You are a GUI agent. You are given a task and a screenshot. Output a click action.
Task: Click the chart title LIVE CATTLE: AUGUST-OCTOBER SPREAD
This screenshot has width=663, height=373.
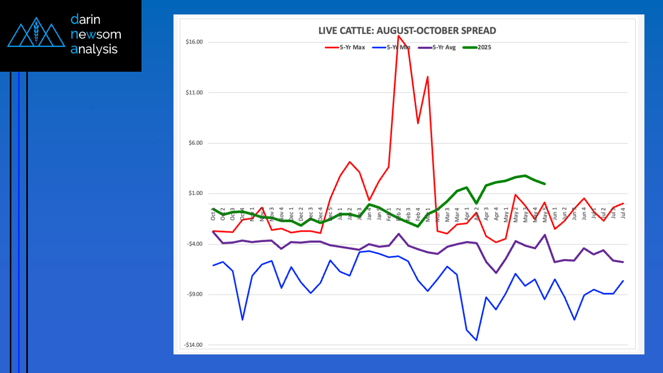[407, 31]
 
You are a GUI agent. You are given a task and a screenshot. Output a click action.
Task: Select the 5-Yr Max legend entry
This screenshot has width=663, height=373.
[345, 47]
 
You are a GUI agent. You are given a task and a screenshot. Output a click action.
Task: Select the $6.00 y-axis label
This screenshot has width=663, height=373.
[195, 143]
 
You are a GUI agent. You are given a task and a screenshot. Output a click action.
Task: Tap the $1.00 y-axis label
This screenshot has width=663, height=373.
[195, 194]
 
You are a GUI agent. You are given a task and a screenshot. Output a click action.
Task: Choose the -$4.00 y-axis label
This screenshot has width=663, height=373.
[194, 245]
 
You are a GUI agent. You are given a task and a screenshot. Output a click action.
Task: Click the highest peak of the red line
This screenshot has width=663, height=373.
[398, 36]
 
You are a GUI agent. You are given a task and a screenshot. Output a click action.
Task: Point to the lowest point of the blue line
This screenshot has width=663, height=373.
[476, 340]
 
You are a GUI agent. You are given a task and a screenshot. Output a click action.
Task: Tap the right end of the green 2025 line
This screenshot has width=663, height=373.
[545, 184]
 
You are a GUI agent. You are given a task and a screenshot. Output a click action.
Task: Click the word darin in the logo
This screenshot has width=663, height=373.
[86, 20]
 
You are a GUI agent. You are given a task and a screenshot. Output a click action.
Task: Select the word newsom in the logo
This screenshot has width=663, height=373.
[96, 35]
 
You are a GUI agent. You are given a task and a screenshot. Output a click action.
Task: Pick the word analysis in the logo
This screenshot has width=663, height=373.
[94, 50]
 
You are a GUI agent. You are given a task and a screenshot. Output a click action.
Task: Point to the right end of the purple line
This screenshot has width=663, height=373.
[623, 262]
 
